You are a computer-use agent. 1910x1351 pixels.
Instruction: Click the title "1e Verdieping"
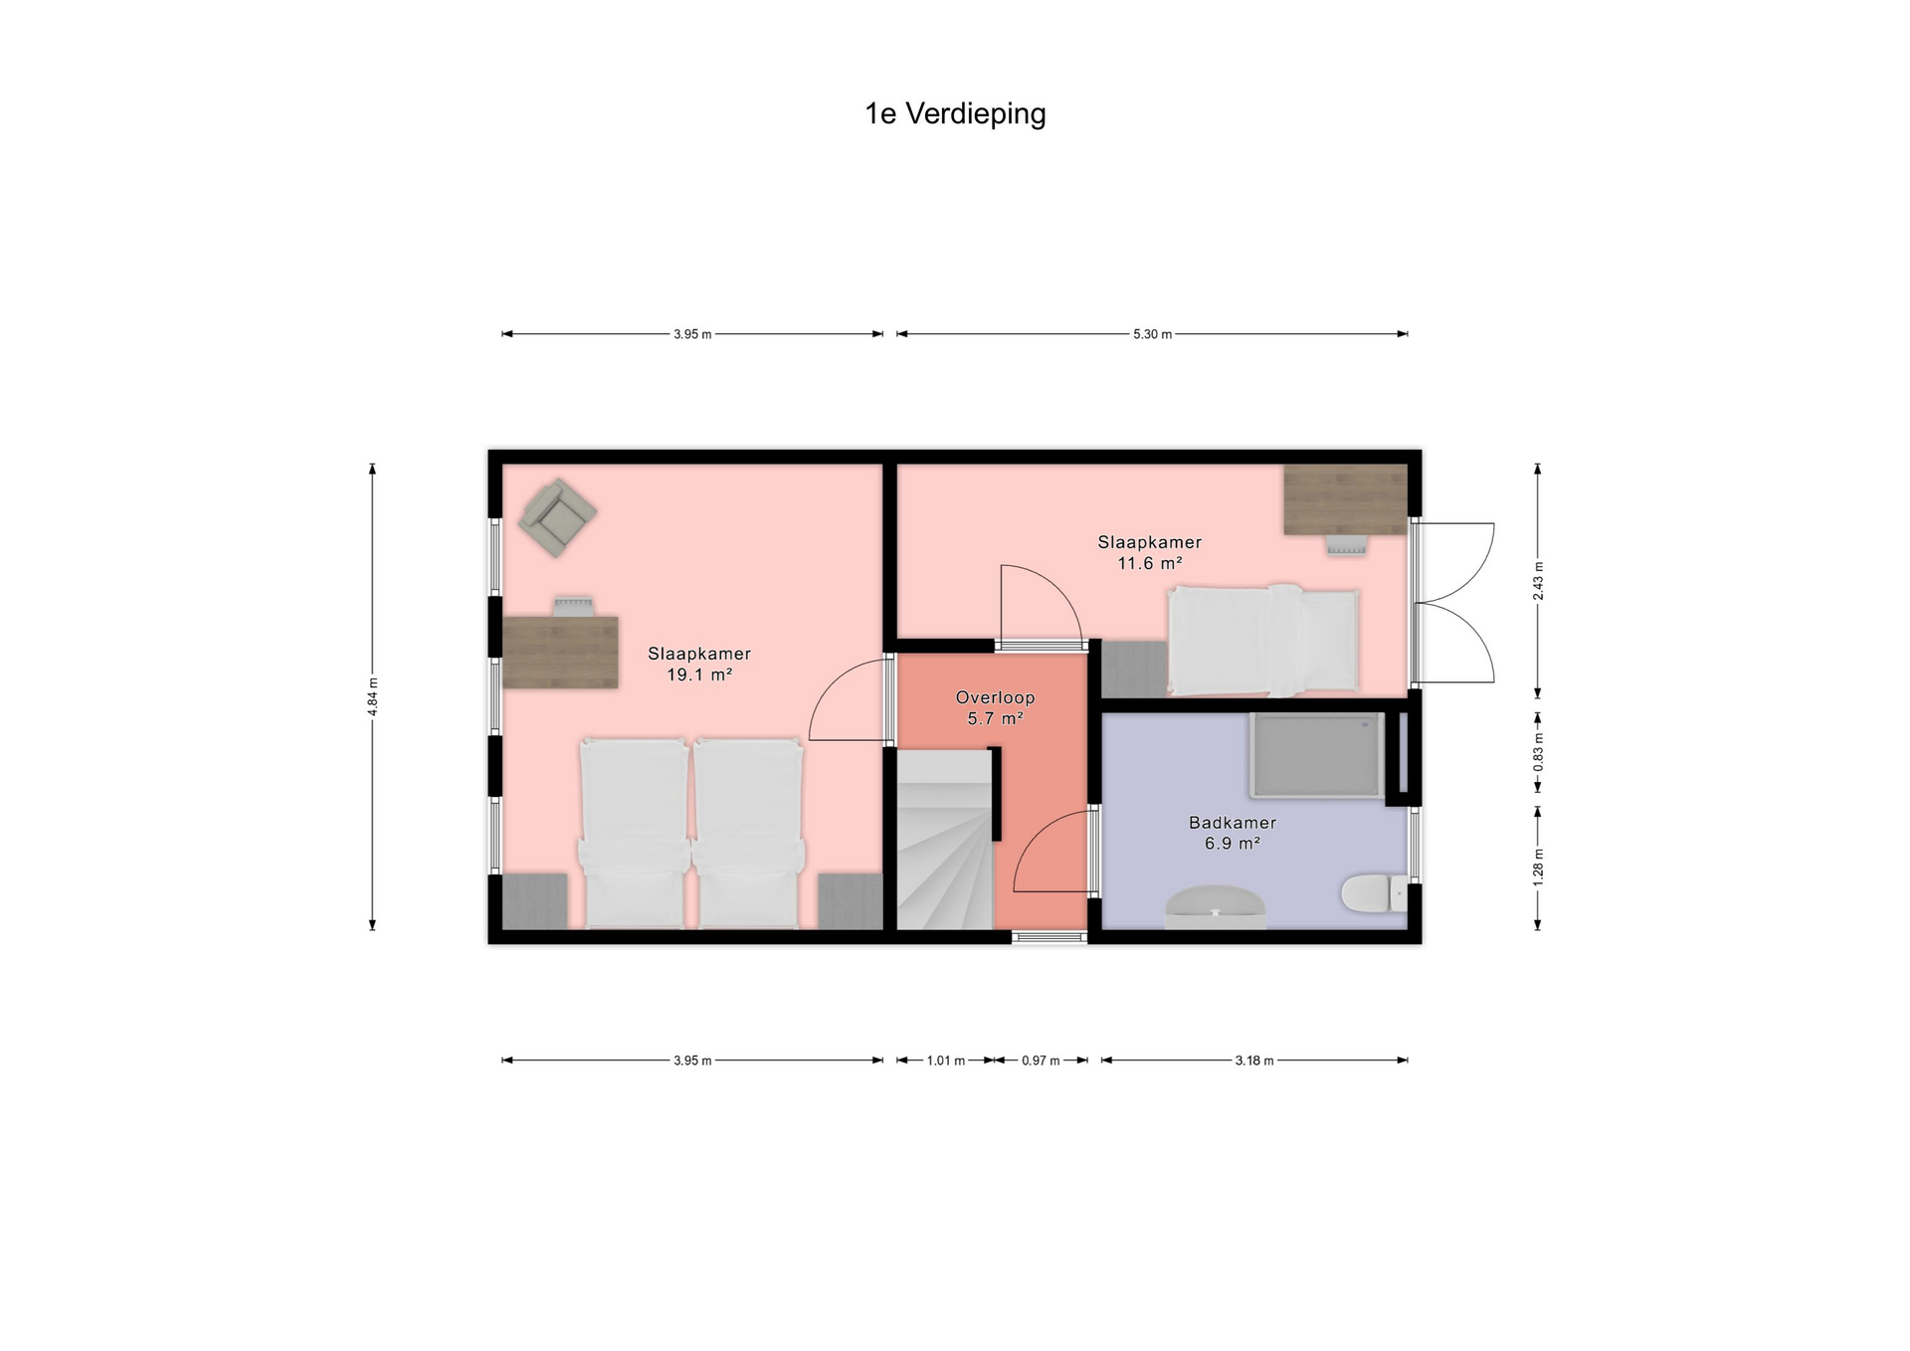point(955,114)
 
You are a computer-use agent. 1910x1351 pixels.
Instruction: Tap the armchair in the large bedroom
point(558,513)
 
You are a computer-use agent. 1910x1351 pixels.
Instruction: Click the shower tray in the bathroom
point(1317,755)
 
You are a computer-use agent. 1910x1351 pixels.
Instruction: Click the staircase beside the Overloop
point(945,841)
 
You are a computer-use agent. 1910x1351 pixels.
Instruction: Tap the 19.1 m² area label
point(699,675)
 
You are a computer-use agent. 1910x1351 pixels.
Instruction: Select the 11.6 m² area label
point(1150,563)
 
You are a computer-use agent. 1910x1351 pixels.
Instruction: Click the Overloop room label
point(995,697)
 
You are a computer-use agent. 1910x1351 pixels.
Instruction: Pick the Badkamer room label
point(1233,823)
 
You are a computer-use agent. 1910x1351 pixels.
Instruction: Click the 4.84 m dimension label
point(373,696)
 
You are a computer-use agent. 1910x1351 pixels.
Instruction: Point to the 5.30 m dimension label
point(1152,334)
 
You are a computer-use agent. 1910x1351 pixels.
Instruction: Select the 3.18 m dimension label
point(1254,1061)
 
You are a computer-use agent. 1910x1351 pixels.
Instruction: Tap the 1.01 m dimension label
point(945,1061)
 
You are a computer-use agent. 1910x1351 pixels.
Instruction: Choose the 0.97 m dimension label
point(1041,1061)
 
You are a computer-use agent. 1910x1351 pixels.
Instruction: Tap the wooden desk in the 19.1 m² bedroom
point(560,653)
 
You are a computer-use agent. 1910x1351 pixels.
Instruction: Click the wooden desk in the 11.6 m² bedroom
point(1345,499)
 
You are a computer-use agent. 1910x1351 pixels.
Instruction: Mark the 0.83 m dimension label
point(1538,752)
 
